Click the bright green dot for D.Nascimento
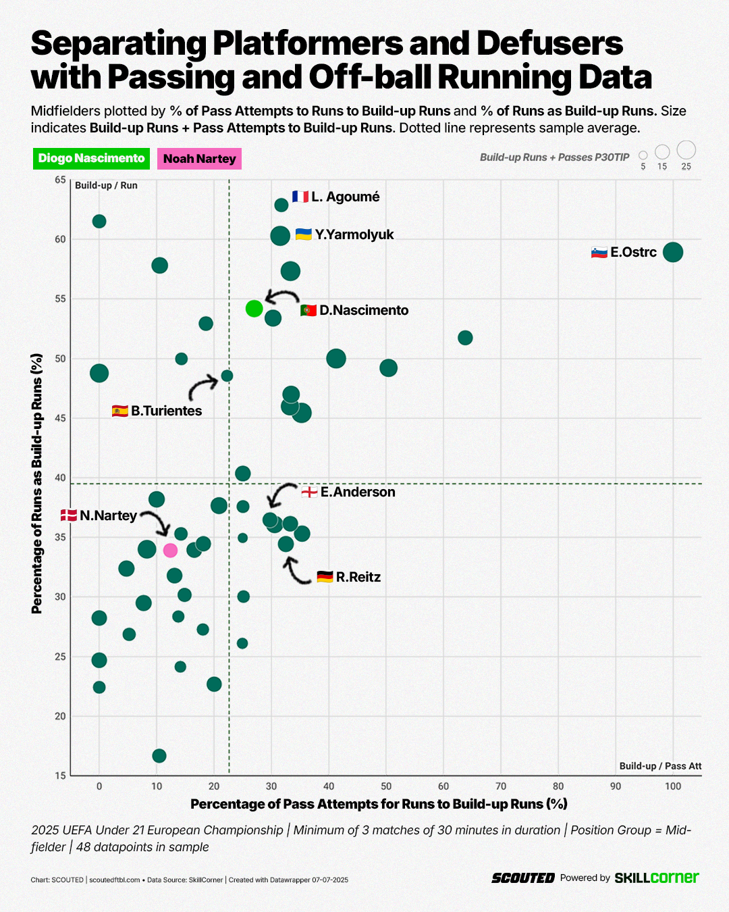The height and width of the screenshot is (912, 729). coord(254,309)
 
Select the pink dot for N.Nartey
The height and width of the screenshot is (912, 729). coord(170,551)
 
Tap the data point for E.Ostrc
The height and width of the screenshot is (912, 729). coord(672,252)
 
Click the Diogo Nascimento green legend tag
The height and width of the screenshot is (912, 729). coord(91,158)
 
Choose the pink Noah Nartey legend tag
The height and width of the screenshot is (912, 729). coord(199,159)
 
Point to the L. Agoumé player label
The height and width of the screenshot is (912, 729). coord(345,197)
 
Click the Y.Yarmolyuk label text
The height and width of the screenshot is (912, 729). coord(354,234)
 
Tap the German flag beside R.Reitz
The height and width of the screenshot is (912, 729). coord(325,577)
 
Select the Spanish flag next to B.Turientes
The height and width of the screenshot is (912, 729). coord(120,411)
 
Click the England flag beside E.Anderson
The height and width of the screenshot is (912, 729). coord(309,492)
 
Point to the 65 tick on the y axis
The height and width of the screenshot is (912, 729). coord(61,180)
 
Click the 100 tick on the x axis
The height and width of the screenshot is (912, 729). coord(672,786)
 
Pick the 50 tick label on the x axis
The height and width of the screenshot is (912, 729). coord(386,786)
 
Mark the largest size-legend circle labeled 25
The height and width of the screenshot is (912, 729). coord(686,150)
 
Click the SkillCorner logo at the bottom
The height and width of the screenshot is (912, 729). coord(656,878)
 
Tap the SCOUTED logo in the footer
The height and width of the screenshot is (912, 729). coord(523,878)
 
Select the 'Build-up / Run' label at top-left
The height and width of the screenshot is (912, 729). coord(106,185)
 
